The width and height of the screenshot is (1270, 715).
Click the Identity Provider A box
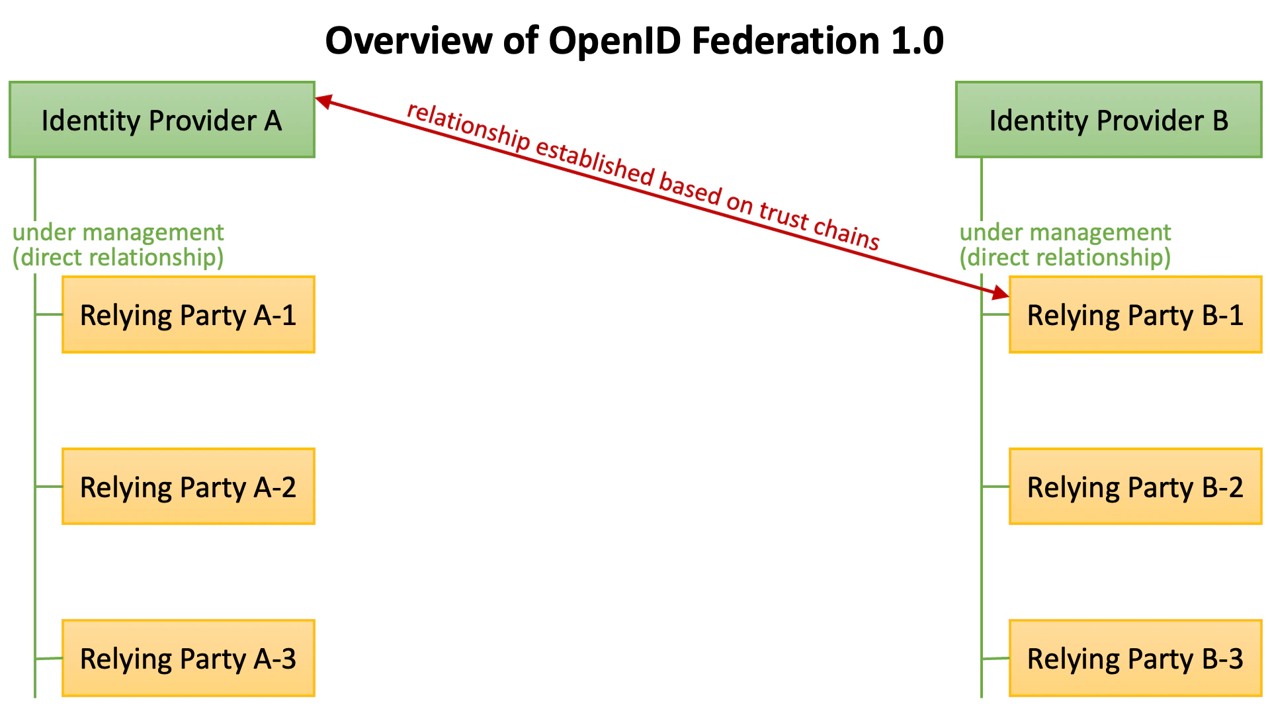161,120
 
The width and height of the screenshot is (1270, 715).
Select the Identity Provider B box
1109,120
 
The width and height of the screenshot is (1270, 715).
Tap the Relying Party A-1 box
188,315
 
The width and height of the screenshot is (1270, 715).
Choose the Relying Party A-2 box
188,487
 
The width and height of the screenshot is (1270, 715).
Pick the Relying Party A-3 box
188,659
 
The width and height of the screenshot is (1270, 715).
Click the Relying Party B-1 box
1135,315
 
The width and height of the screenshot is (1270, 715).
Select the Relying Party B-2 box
1135,487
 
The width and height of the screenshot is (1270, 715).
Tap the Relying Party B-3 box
1135,659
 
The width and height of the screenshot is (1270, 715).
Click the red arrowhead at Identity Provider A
323,101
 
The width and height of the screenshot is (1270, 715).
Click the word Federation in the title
786,41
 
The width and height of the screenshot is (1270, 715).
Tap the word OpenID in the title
615,41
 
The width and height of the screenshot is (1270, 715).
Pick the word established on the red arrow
594,162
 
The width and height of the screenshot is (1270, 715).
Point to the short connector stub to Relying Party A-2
49,487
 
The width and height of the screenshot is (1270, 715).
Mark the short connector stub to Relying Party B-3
996,658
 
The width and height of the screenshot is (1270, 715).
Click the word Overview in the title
409,41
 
